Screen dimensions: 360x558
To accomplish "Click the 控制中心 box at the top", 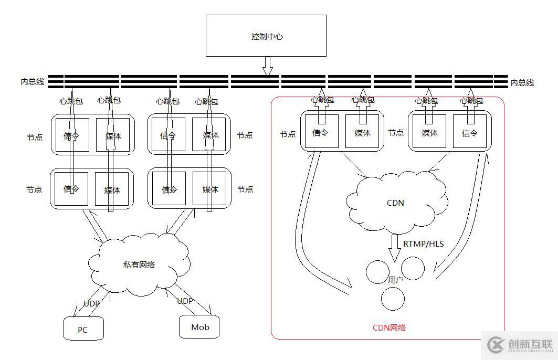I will click(x=266, y=36).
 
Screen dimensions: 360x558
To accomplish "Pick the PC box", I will click(x=83, y=329).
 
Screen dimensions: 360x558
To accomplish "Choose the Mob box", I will click(x=199, y=327).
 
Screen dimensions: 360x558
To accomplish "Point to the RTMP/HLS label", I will click(x=423, y=243).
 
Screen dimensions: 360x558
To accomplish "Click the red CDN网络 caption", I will click(x=389, y=328).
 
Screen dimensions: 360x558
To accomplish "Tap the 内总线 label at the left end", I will click(x=32, y=82).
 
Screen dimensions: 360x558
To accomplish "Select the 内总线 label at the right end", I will click(x=522, y=82).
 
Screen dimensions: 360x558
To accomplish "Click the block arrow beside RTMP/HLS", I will click(x=395, y=247).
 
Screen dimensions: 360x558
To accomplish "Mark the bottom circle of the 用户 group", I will click(x=393, y=299).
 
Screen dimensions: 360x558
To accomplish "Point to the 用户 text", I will click(x=395, y=280).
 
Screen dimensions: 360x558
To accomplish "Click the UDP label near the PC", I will click(x=91, y=303).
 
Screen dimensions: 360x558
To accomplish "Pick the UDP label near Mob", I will click(x=185, y=301).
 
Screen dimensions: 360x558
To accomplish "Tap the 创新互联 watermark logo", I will click(x=520, y=345).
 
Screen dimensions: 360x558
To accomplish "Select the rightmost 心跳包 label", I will click(x=471, y=100).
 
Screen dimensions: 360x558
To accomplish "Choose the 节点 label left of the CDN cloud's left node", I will click(x=288, y=134).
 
